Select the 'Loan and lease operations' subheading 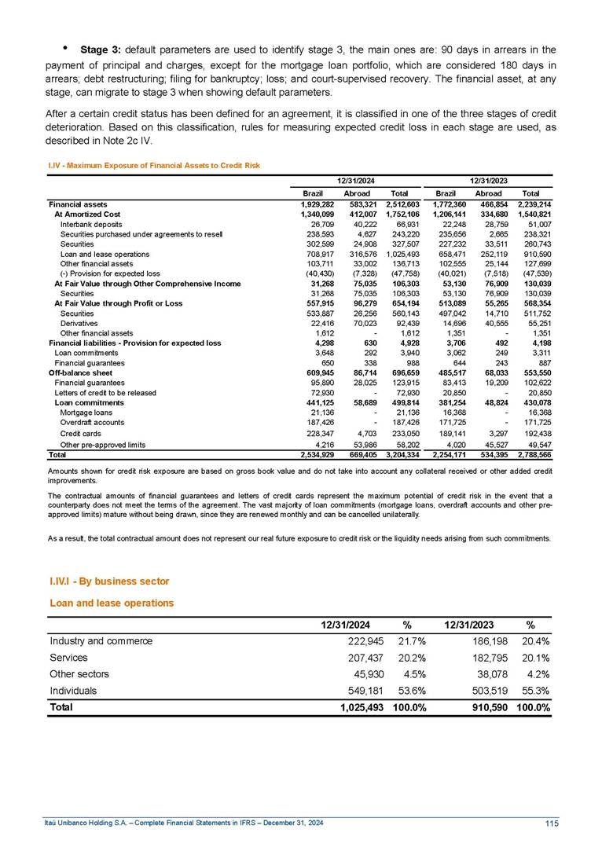(x=111, y=603)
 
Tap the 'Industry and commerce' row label (x=101, y=641)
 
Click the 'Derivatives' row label (x=78, y=324)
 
